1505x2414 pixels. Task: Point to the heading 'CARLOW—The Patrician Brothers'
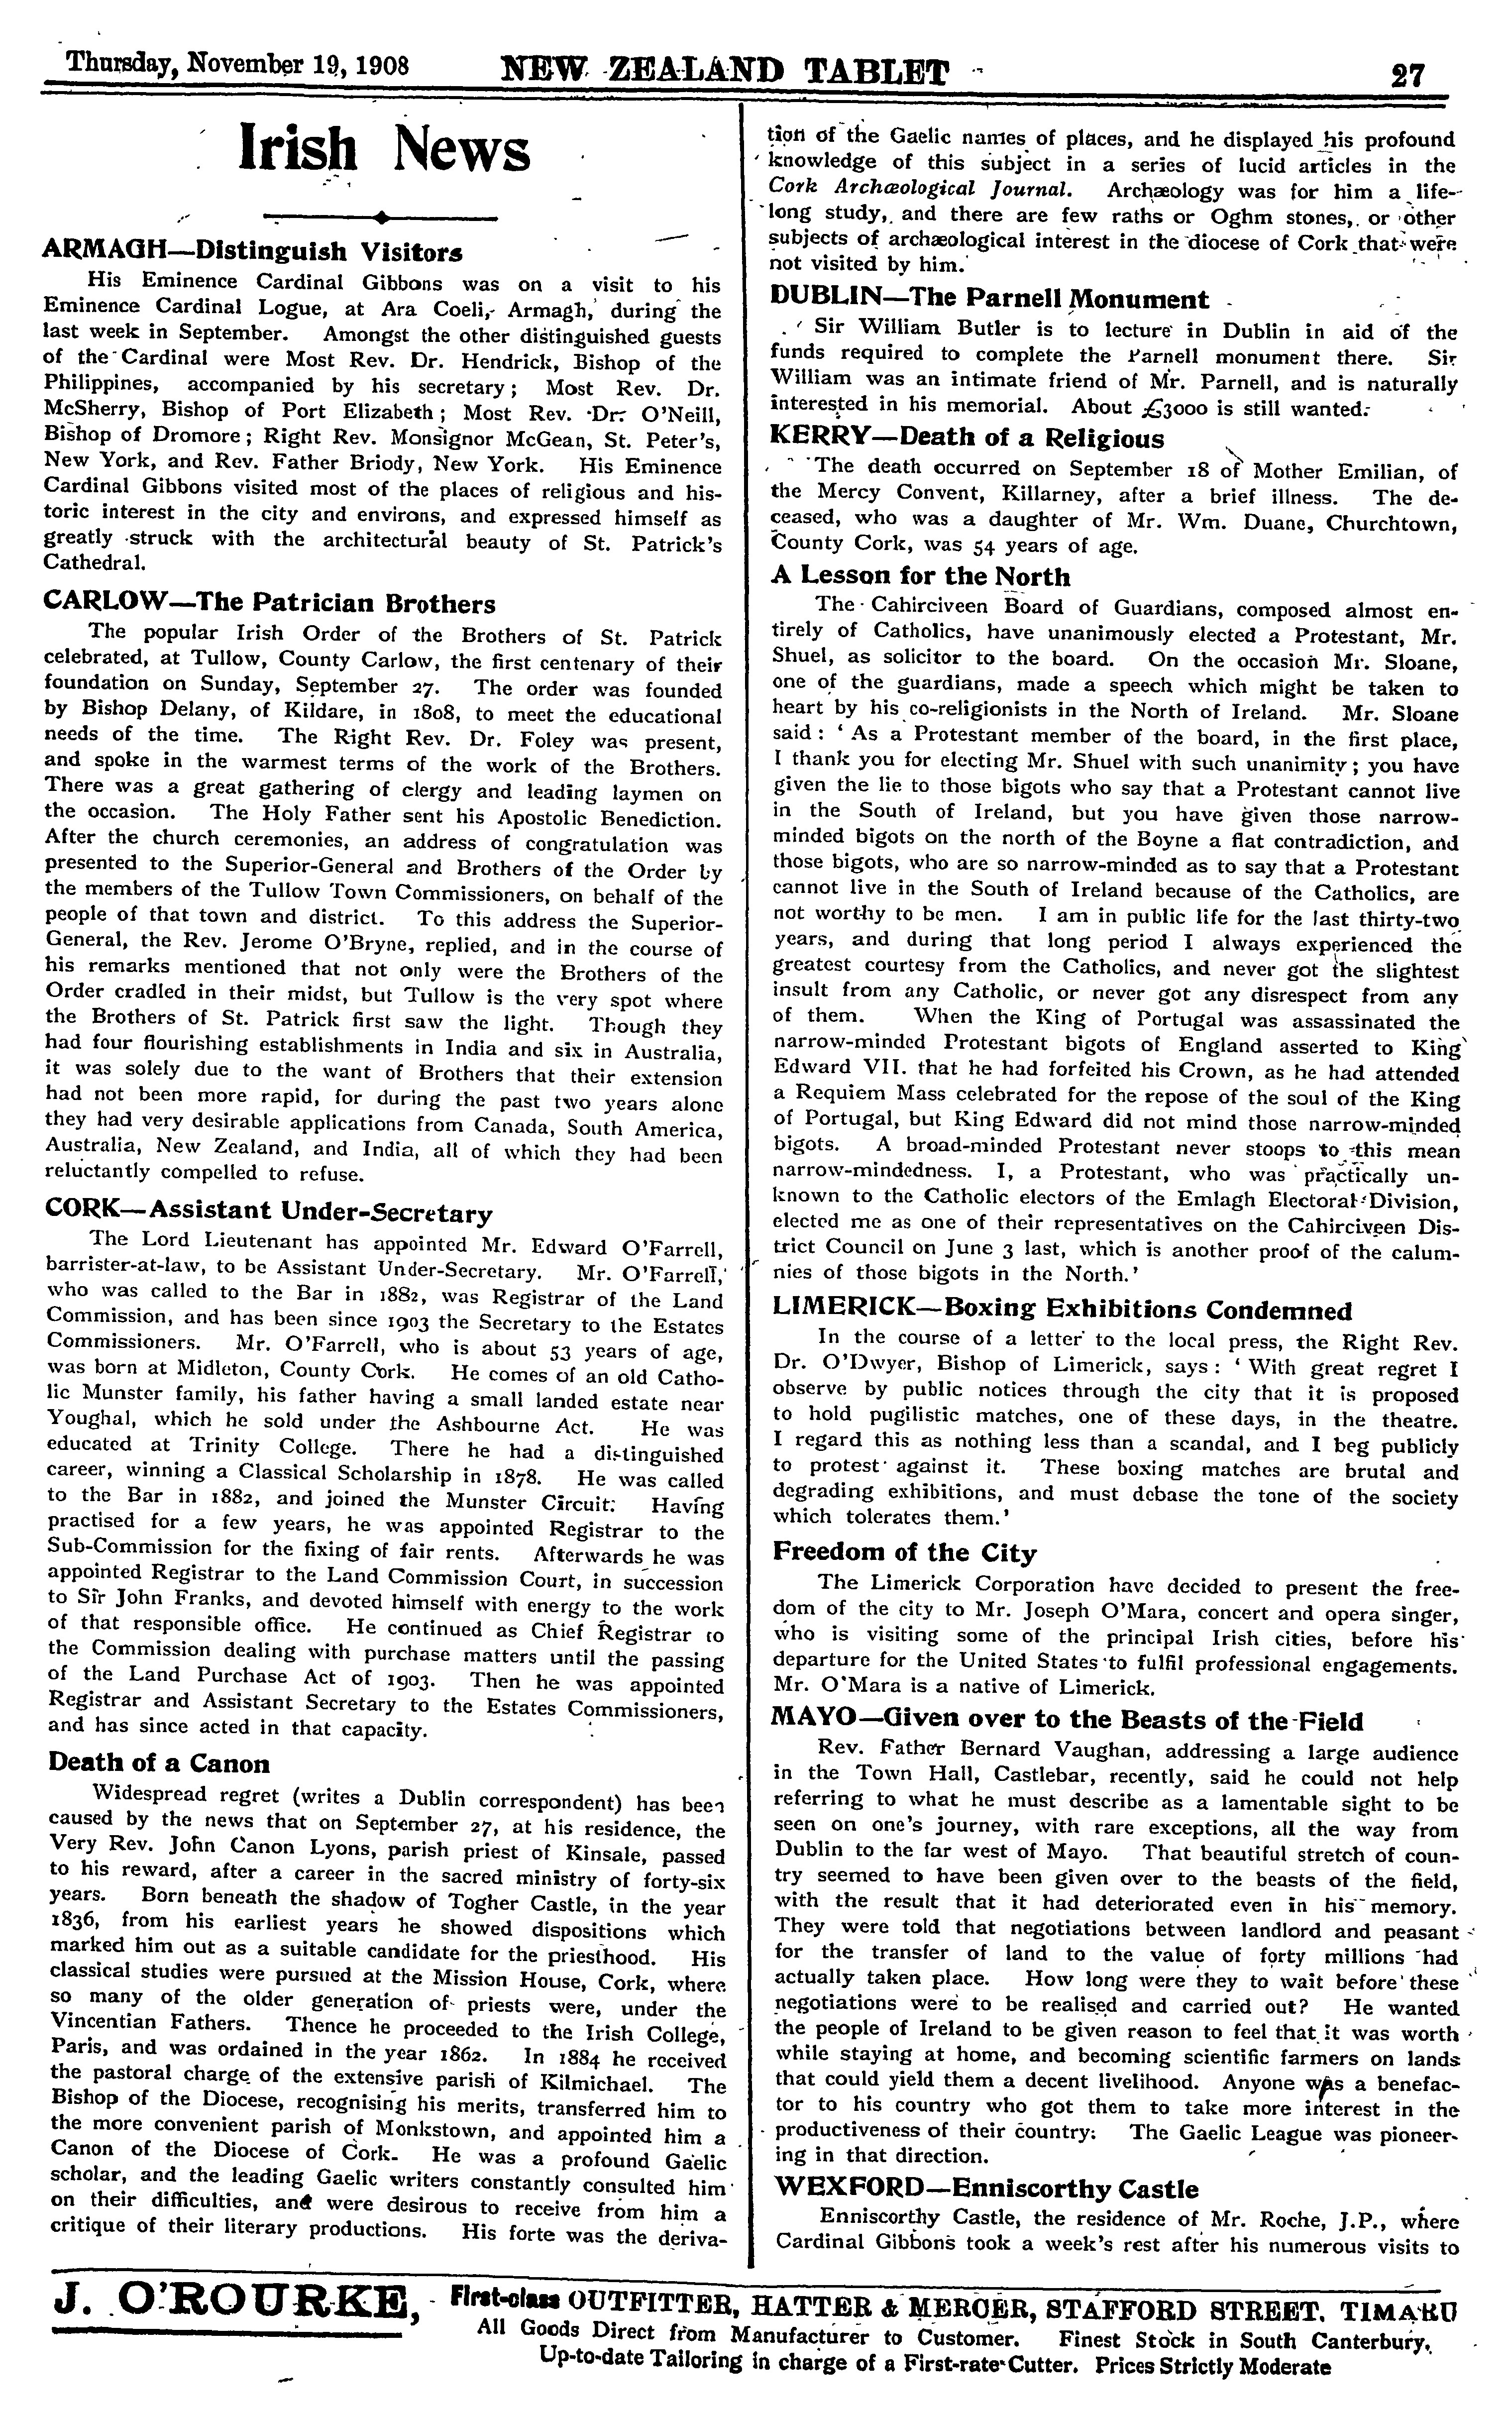pyautogui.click(x=271, y=603)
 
